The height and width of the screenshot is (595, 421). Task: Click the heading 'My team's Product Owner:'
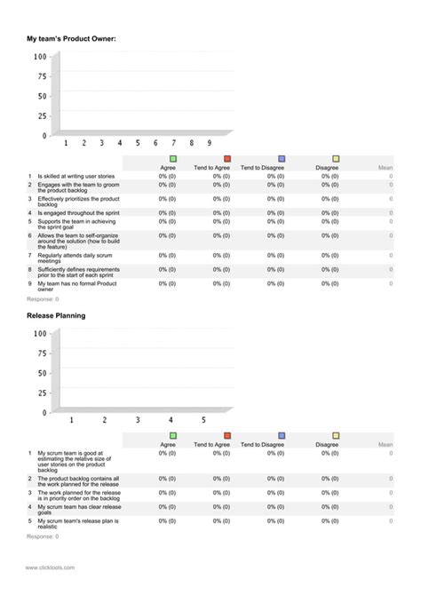(71, 39)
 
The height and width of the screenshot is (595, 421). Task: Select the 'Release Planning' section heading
(56, 315)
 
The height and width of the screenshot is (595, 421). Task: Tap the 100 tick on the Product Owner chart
(39, 57)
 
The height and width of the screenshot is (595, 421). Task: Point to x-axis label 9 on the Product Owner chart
(210, 142)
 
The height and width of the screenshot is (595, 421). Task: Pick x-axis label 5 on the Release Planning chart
(203, 419)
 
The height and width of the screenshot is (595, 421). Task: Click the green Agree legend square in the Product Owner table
(172, 159)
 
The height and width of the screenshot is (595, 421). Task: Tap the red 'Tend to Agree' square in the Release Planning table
(227, 436)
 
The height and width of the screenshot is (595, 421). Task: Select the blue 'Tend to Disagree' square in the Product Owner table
(282, 159)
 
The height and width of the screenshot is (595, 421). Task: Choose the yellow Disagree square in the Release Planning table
(336, 436)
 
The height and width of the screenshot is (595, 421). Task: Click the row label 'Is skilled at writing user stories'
(75, 176)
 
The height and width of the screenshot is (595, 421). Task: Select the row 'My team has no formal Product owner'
(75, 287)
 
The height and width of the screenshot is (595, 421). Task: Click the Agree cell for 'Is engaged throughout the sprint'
(167, 213)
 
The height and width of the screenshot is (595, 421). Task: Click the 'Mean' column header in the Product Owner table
(385, 167)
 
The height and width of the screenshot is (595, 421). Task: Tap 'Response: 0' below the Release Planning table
(43, 536)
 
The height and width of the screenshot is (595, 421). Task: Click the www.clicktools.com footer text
(50, 567)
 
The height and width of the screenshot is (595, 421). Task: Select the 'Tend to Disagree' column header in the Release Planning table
(261, 444)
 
